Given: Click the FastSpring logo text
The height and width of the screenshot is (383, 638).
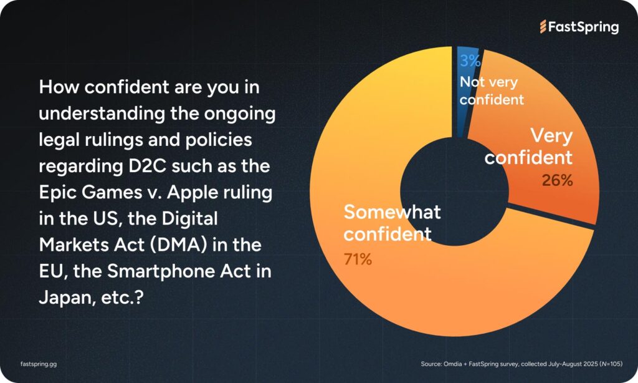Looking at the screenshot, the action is click(x=583, y=27).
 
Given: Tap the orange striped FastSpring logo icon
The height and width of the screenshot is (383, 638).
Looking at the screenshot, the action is click(x=543, y=26).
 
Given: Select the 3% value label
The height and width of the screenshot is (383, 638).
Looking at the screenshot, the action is click(x=470, y=61).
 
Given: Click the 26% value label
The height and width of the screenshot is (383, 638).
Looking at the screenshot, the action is click(x=557, y=180).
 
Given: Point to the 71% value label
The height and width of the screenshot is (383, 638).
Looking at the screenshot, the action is click(x=358, y=259).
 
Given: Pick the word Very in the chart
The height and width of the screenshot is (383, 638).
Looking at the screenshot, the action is click(x=551, y=136).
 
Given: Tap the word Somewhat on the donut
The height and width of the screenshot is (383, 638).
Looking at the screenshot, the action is click(x=393, y=212).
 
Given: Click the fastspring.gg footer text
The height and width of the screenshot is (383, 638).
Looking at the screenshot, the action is click(x=39, y=364).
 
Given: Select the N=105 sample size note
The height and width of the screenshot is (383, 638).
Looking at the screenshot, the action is click(x=611, y=364).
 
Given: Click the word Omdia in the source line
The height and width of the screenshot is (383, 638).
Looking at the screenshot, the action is click(x=453, y=364).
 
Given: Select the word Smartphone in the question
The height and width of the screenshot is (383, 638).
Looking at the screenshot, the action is click(x=161, y=272).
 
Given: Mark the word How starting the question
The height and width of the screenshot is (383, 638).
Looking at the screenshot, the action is click(x=59, y=87).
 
